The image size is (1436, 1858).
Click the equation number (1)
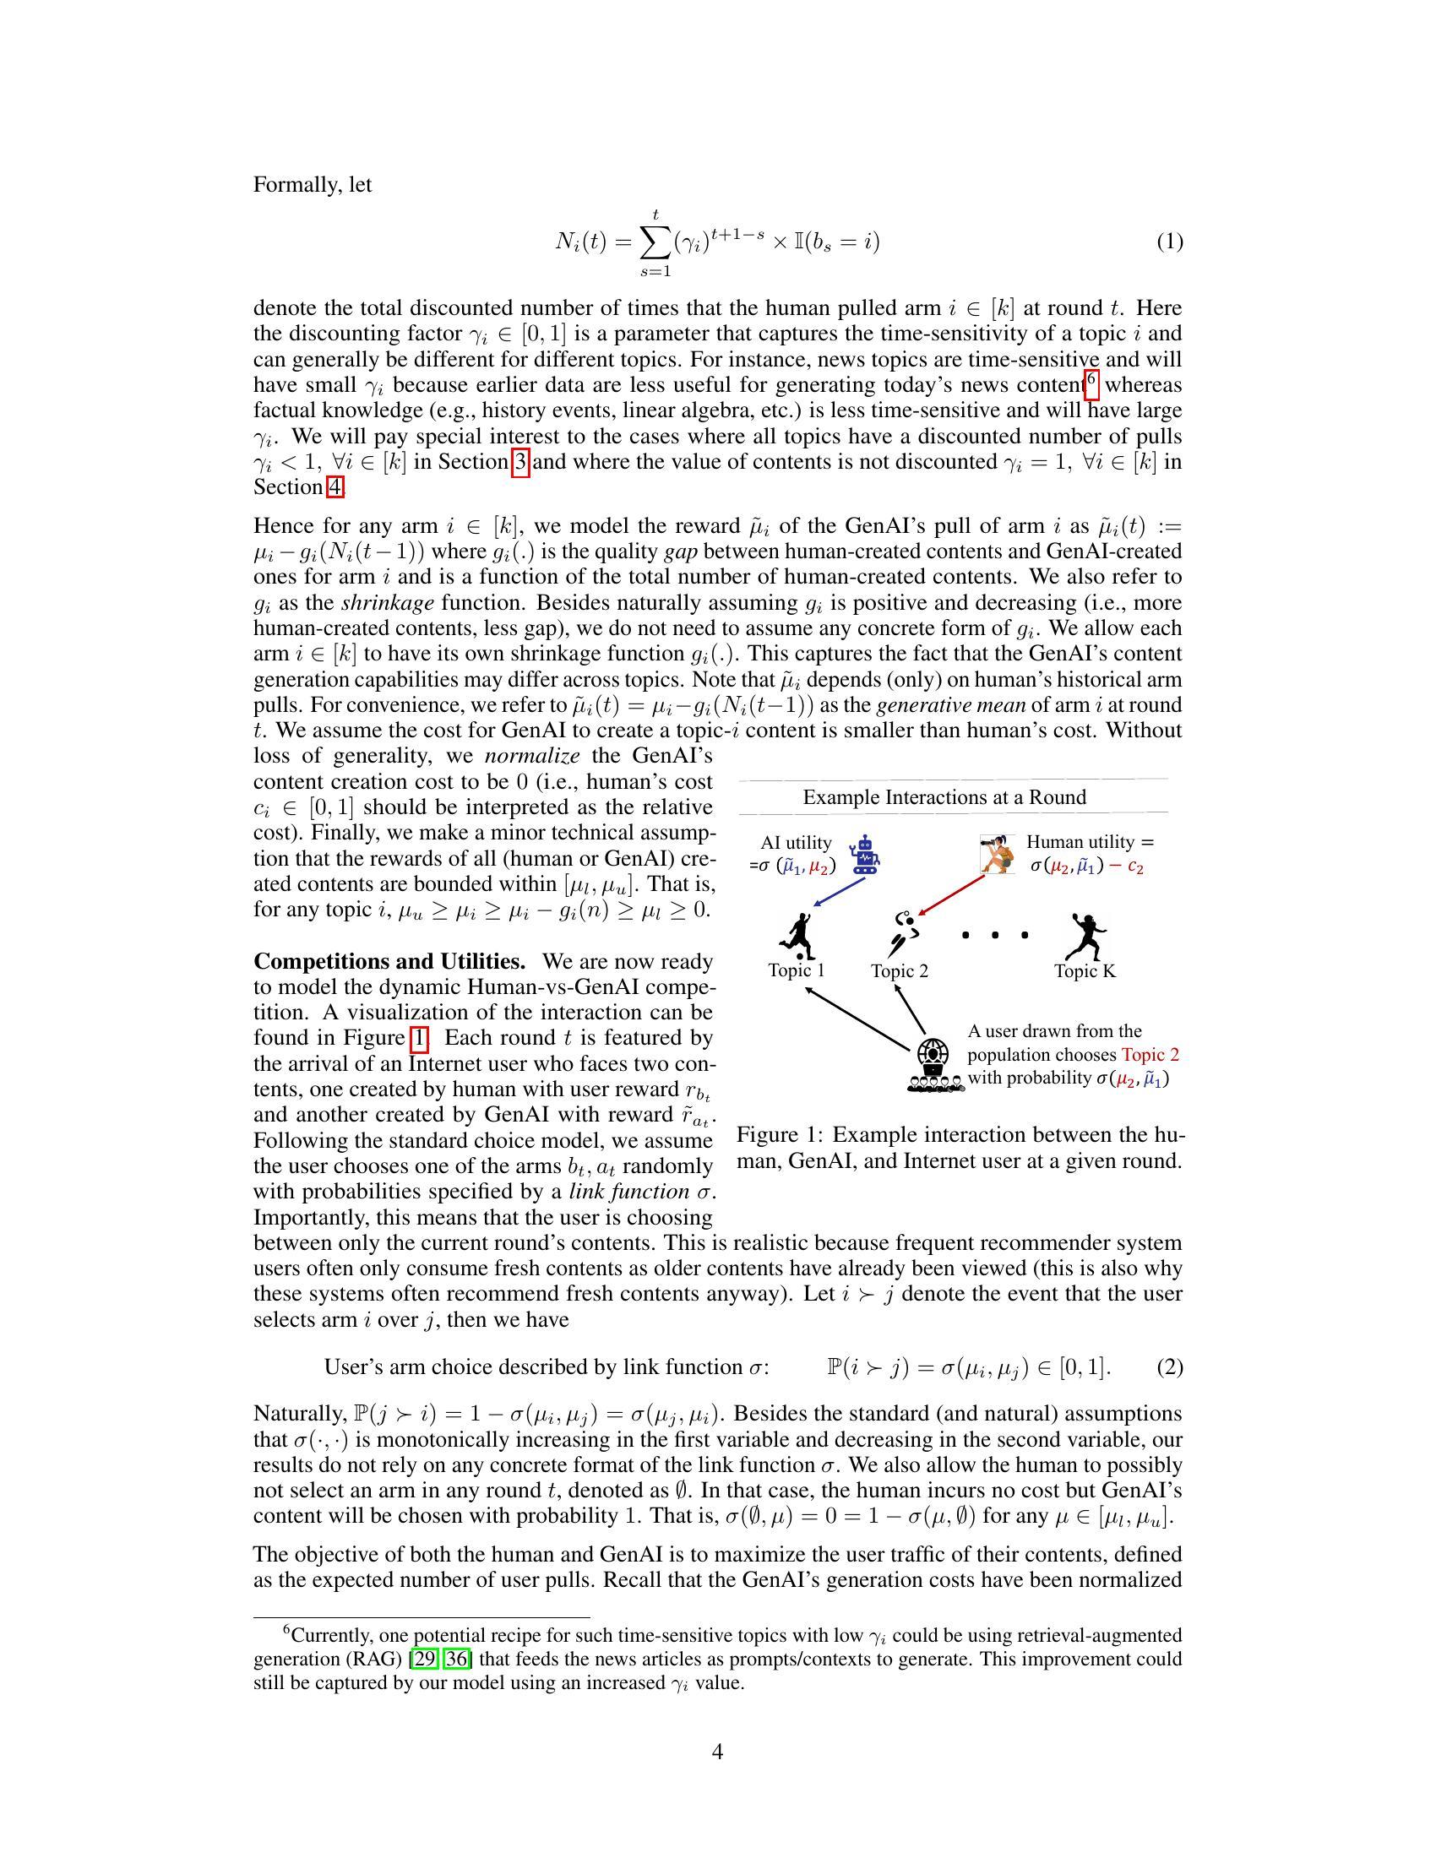(1169, 242)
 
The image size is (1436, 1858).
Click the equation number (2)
(1169, 1367)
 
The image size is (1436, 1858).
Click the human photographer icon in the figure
(997, 853)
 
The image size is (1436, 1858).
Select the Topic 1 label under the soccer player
(797, 970)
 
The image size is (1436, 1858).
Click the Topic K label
(1085, 970)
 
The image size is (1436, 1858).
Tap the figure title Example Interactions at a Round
(944, 797)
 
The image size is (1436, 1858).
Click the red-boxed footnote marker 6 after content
(1091, 382)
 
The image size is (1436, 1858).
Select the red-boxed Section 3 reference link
(520, 463)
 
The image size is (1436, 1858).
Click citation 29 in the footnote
(424, 1659)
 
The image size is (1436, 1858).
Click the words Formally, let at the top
(313, 185)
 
